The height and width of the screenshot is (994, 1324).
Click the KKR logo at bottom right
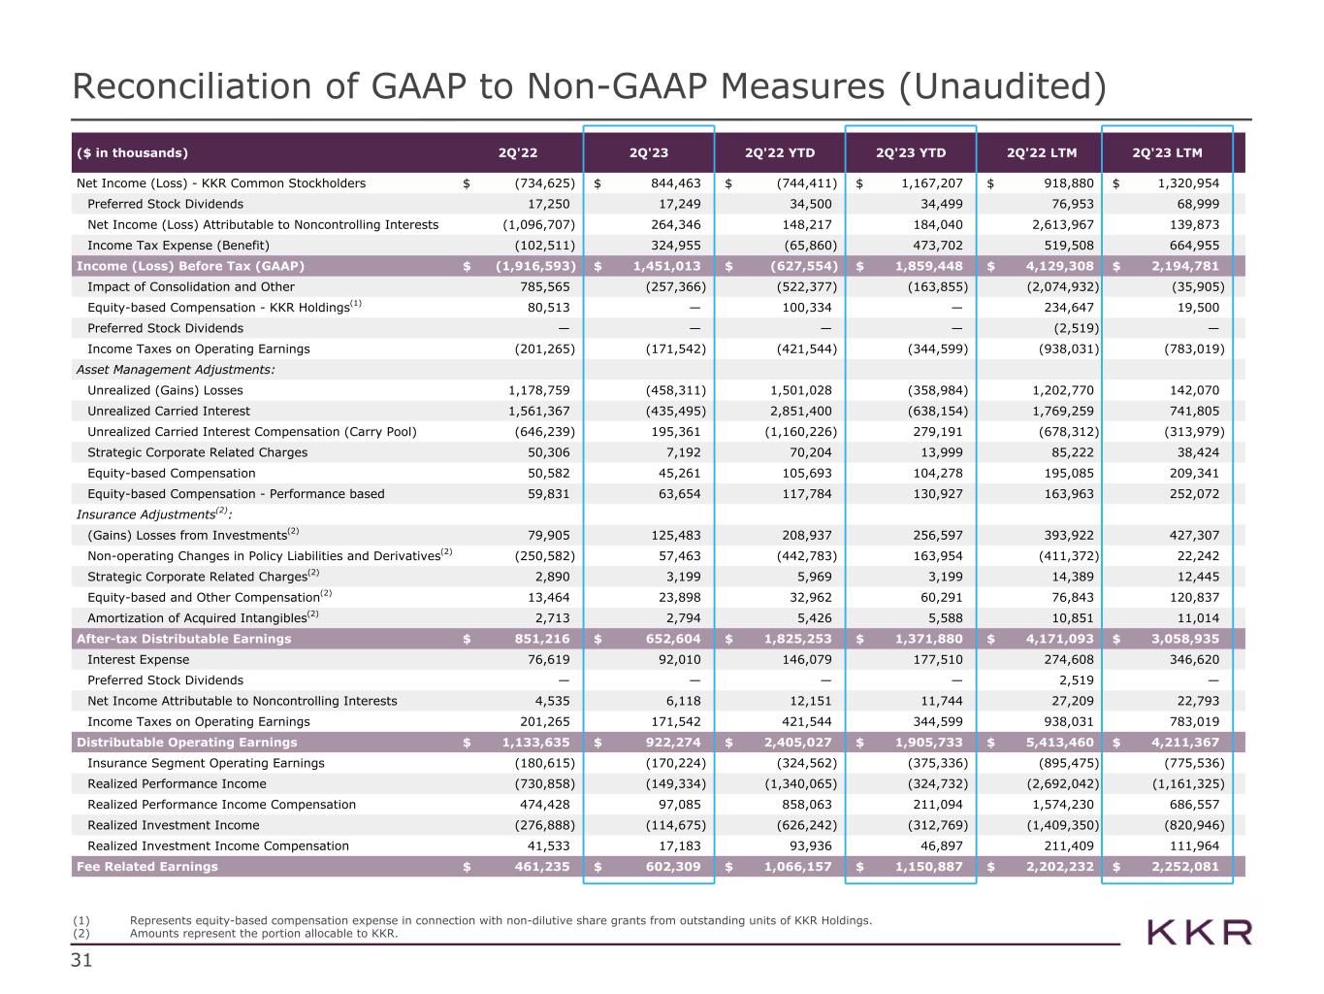coord(1199,933)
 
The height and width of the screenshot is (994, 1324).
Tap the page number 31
coord(81,962)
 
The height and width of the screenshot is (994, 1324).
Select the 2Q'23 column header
coord(648,152)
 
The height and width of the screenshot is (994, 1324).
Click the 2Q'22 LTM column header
coord(1042,152)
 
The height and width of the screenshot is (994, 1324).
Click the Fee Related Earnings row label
coord(147,867)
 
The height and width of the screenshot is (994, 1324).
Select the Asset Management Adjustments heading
coord(176,370)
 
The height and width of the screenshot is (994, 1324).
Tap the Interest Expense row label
coord(139,660)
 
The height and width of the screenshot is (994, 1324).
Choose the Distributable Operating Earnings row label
coord(187,743)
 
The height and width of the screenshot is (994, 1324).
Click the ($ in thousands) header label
coord(132,152)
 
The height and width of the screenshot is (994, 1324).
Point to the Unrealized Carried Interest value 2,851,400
coord(799,412)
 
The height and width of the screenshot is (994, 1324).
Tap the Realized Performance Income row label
coord(177,784)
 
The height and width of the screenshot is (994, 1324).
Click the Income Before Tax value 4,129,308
coord(1052,266)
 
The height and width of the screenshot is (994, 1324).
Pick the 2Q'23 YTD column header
coord(911,152)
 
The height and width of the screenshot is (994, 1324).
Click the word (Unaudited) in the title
coord(1001,86)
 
